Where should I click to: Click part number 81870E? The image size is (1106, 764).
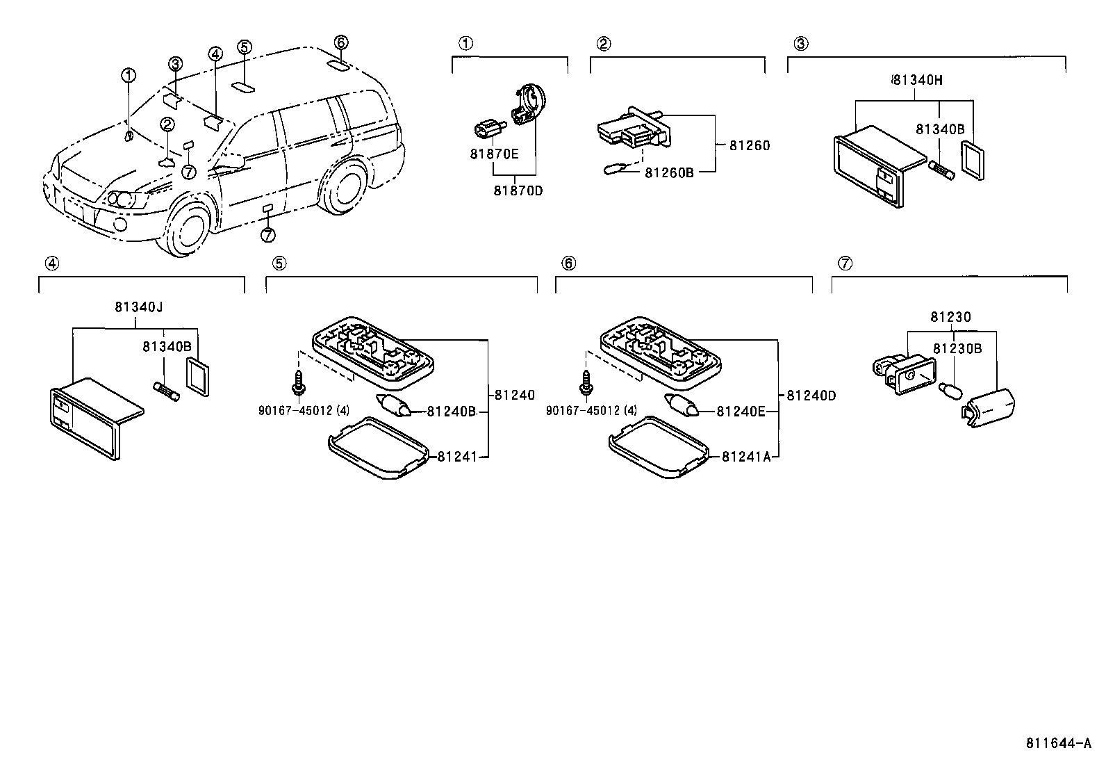tap(494, 154)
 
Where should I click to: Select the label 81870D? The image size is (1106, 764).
tap(518, 190)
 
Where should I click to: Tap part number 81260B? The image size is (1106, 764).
tap(669, 172)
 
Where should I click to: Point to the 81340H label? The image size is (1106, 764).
tap(917, 80)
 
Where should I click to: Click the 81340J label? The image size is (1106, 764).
tap(139, 307)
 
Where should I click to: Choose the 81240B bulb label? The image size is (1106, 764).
tap(451, 412)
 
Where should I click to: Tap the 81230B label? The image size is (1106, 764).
tap(957, 348)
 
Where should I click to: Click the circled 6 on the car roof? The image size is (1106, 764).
tap(340, 42)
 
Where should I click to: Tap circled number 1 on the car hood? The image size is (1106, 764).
tap(129, 75)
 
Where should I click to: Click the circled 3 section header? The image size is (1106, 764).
tap(800, 44)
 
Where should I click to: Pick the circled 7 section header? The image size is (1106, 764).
tap(844, 263)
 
